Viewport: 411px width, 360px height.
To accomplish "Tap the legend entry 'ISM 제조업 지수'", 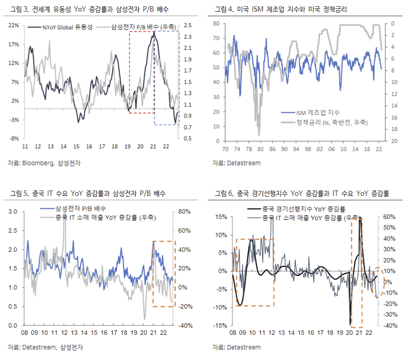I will point(315,113).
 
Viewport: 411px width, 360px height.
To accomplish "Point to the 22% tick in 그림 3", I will point(13,26).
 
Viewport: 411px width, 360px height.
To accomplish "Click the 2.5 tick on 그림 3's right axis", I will point(187,26).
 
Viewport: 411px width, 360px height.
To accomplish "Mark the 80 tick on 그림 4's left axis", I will point(216,23).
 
